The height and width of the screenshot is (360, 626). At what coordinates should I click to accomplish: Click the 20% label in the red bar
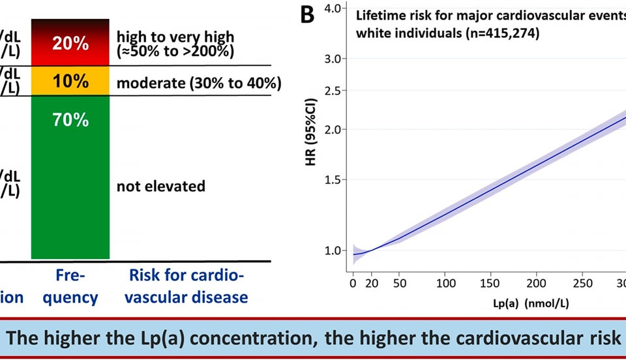click(x=70, y=44)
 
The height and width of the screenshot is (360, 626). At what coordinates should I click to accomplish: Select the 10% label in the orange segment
click(x=70, y=82)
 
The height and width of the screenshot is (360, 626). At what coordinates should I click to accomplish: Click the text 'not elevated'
click(x=160, y=187)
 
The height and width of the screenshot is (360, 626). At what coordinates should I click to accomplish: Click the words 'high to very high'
click(x=175, y=37)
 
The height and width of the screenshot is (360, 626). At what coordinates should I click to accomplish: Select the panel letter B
click(x=307, y=16)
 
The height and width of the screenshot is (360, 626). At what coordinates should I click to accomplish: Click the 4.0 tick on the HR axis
click(x=333, y=8)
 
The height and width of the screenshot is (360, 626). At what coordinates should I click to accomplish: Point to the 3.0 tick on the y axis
click(x=333, y=59)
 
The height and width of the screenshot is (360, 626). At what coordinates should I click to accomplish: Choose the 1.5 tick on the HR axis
click(x=333, y=180)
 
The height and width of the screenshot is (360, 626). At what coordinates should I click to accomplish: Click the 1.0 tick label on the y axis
click(x=333, y=250)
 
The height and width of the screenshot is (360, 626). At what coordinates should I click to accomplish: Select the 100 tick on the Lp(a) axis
click(x=445, y=284)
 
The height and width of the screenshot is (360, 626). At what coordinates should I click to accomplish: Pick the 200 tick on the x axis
click(x=536, y=284)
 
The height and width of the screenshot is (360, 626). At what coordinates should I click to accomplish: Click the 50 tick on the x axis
click(x=400, y=284)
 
